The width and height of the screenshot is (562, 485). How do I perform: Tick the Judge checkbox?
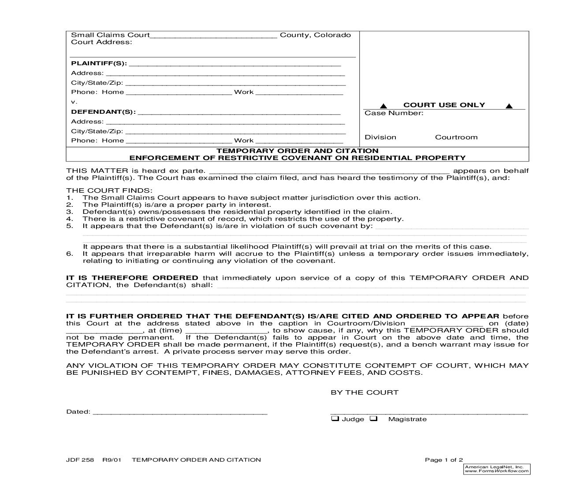[x=335, y=418]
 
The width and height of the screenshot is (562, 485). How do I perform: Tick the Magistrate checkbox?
[x=373, y=418]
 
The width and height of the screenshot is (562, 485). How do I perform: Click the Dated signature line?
[x=180, y=413]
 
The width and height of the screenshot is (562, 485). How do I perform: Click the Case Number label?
[x=394, y=113]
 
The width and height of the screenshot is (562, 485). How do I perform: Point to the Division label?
[x=380, y=137]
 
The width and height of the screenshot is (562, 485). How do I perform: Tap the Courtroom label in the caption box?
[x=456, y=137]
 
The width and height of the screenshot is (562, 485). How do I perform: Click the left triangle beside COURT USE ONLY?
[x=383, y=106]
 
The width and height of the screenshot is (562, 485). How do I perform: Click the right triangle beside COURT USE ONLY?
[x=509, y=106]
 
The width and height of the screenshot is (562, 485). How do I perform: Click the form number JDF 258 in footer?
[x=80, y=460]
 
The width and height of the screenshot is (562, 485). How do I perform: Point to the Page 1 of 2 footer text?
[x=444, y=460]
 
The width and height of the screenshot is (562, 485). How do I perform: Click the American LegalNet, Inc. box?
[x=497, y=469]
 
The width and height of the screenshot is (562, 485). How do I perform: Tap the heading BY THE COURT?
[x=365, y=392]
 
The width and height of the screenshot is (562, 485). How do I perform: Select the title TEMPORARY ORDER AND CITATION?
[x=298, y=151]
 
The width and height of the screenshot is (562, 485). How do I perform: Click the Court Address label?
[x=101, y=42]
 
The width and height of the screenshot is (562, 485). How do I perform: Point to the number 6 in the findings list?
[x=69, y=254]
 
